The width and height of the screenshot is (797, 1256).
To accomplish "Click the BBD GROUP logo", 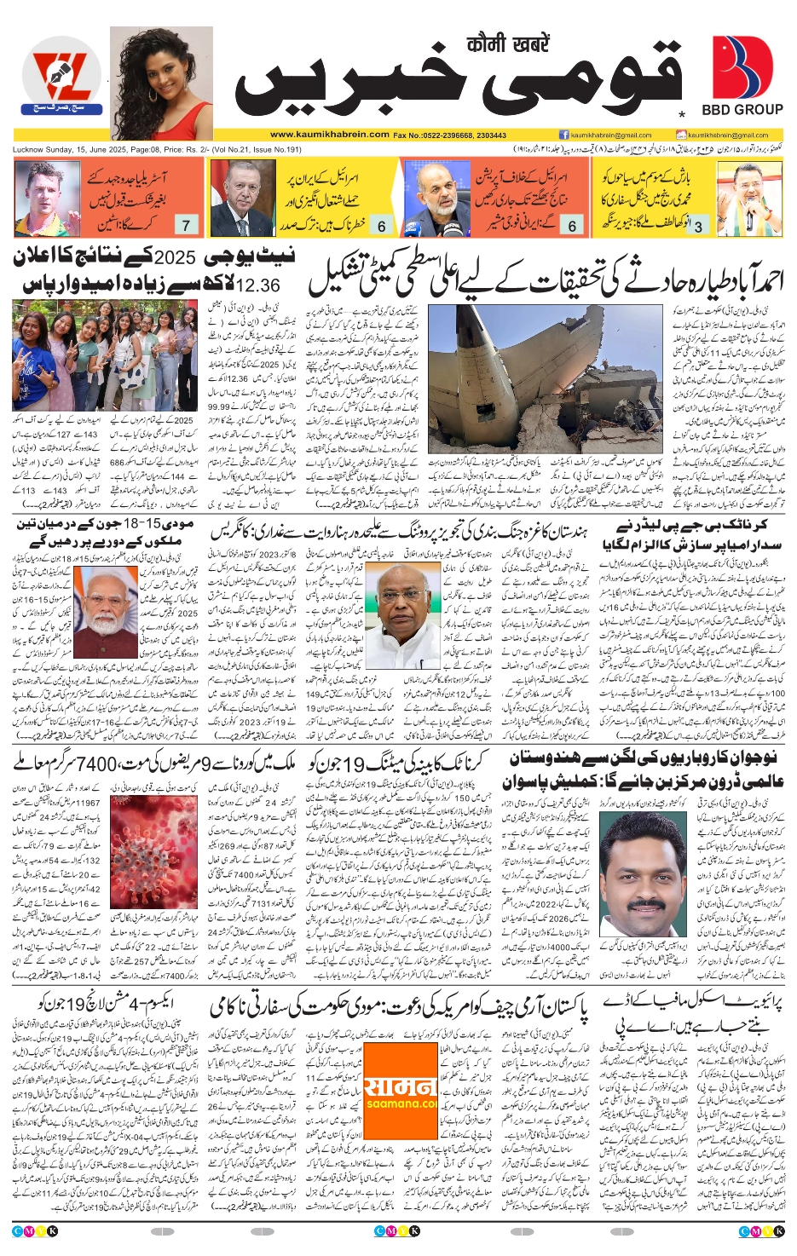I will tap(742, 75).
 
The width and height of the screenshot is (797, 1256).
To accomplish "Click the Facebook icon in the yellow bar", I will tap(563, 135).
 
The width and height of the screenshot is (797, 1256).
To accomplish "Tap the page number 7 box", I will tap(186, 225).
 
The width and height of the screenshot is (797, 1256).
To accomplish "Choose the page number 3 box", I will tap(698, 226).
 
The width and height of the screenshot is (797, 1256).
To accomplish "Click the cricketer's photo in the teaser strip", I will tap(47, 199).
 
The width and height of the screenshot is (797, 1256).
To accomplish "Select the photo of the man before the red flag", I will tap(239, 199).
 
